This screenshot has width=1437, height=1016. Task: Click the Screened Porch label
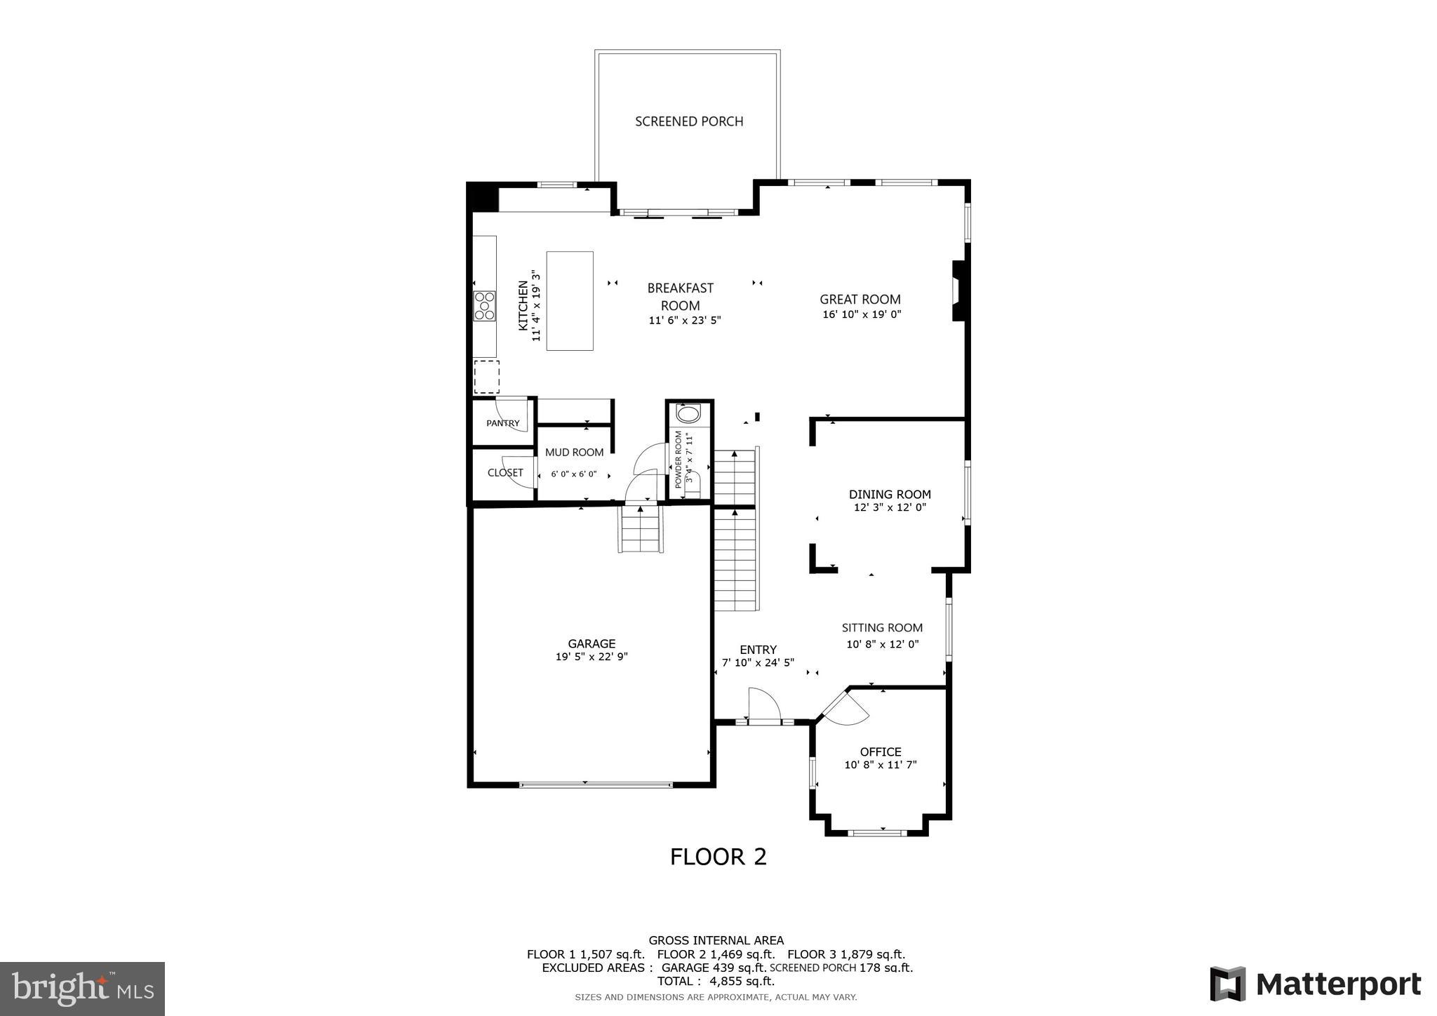(688, 121)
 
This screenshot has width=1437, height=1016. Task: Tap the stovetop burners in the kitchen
(484, 306)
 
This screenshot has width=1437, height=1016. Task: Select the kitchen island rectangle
(569, 300)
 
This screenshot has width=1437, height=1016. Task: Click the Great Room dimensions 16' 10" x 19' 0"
(861, 315)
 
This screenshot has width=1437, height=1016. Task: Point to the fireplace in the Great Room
(957, 291)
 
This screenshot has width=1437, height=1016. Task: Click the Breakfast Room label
(680, 296)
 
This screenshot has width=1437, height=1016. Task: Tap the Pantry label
(503, 423)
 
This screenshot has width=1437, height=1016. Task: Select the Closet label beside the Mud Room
(504, 473)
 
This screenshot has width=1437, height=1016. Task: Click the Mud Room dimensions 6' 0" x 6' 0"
(573, 474)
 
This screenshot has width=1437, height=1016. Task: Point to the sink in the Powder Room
(688, 413)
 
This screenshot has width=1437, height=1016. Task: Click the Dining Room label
(889, 494)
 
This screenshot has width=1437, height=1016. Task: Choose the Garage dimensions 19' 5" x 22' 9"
(591, 657)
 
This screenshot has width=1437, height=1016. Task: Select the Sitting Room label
(881, 628)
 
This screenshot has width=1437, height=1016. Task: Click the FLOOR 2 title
(718, 857)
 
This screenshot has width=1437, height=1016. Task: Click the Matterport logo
(1315, 984)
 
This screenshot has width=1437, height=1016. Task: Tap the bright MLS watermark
(82, 989)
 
